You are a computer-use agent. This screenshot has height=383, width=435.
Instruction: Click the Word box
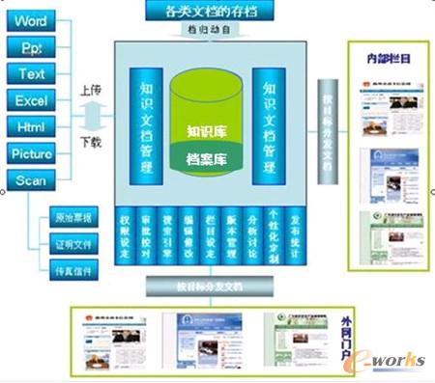tap(32, 20)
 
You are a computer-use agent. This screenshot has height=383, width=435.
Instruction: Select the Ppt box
tap(32, 46)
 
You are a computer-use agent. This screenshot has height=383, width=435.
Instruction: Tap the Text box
tap(32, 73)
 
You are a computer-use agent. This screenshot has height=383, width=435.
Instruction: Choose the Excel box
tap(32, 99)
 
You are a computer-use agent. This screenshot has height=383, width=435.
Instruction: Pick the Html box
tap(32, 126)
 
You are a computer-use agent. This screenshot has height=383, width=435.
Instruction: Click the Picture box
tap(32, 153)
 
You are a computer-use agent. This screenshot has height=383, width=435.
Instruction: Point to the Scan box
tap(32, 180)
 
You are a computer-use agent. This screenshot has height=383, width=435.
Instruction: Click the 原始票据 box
tap(72, 219)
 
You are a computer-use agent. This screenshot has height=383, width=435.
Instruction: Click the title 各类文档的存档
tap(209, 13)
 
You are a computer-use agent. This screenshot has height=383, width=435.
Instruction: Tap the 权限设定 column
tap(125, 235)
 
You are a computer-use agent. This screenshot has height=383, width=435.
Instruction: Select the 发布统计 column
tap(295, 235)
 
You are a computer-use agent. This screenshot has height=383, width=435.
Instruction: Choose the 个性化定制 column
tap(274, 235)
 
